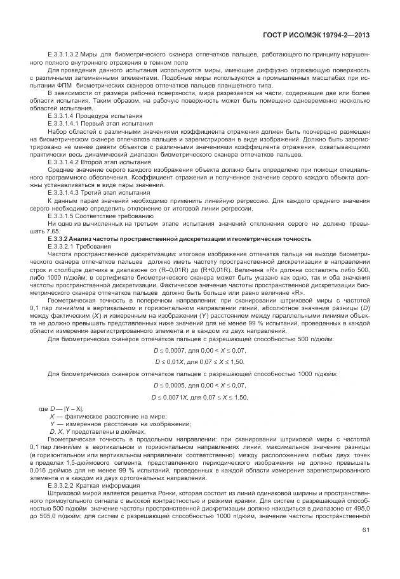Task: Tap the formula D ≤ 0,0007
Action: [x=200, y=349]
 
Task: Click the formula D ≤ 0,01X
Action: [x=200, y=361]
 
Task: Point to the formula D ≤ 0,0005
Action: [x=200, y=385]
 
